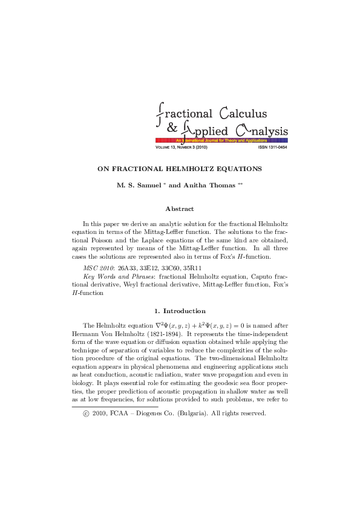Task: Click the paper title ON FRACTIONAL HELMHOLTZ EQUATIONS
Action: pyautogui.click(x=179, y=169)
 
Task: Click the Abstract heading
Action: pyautogui.click(x=180, y=209)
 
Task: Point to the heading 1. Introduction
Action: pyautogui.click(x=180, y=311)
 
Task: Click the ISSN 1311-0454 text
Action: pyautogui.click(x=272, y=147)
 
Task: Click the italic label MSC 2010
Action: pyautogui.click(x=99, y=267)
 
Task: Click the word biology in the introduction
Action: pyautogui.click(x=81, y=383)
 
